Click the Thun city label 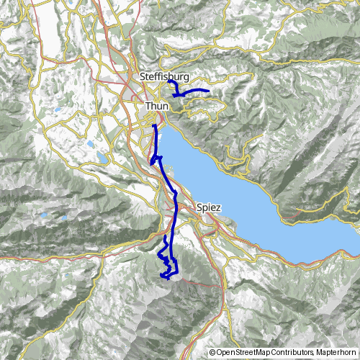coord(157,106)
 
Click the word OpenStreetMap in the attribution coord(243,352)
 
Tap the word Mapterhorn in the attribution coord(335,352)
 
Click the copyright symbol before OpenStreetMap coord(212,352)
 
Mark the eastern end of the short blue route coord(208,91)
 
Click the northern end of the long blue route coord(154,126)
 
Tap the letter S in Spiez coord(198,207)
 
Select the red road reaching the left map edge coord(4,256)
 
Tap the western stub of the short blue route coord(168,81)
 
